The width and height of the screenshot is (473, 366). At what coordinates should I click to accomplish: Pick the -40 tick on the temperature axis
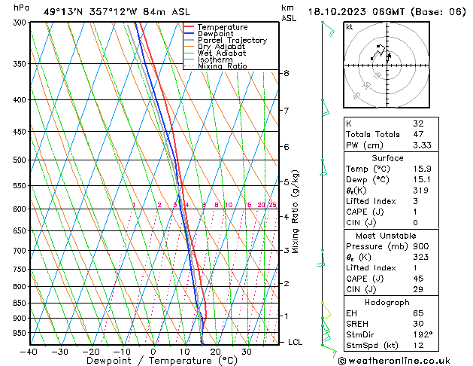(x=29, y=352)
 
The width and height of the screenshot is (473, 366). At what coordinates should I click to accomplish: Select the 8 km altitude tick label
(x=286, y=73)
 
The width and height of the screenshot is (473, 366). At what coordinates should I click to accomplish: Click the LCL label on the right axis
(x=296, y=342)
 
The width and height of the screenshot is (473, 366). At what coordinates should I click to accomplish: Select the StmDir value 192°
(x=423, y=334)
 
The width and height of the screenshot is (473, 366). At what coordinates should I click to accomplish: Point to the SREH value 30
(x=418, y=324)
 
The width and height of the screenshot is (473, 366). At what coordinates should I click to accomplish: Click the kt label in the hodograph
(x=349, y=26)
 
